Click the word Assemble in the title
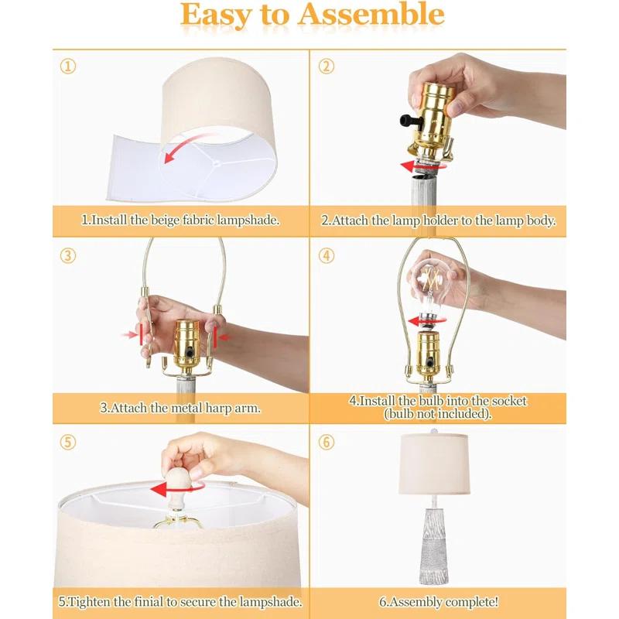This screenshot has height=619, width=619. pos(371,15)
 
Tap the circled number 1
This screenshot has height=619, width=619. pos(68,67)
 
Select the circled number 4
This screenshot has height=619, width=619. pos(326,255)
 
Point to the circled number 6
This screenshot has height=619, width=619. pos(326,442)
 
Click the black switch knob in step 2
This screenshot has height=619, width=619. pos(408,120)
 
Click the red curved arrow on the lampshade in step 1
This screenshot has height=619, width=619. pos(185,147)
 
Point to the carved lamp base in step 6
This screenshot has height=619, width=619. pos(433,545)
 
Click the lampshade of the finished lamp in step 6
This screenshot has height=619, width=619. pos(434,463)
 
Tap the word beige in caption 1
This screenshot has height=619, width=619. pos(165,221)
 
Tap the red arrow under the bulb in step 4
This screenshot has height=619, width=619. pos(426,320)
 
